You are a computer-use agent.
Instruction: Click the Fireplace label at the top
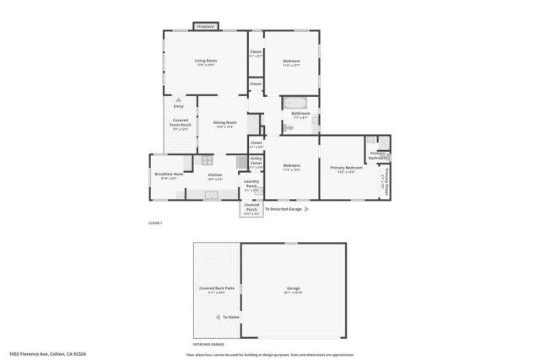204,27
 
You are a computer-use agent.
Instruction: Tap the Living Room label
205,62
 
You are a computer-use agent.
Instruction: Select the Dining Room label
224,123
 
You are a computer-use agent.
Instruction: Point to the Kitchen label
214,175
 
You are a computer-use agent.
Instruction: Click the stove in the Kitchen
207,159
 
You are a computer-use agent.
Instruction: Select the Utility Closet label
256,160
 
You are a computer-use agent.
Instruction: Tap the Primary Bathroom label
377,155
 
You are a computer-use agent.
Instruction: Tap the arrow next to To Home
218,317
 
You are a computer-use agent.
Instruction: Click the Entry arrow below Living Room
178,99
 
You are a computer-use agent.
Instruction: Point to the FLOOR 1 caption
154,222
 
